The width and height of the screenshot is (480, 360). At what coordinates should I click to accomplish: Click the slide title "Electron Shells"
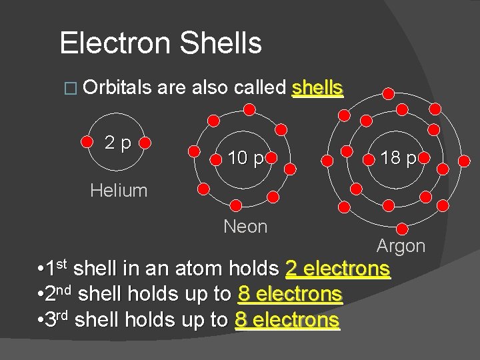click(161, 43)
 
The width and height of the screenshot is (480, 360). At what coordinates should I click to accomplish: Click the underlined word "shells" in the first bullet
click(317, 88)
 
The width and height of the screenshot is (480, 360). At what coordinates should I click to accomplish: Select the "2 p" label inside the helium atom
click(118, 142)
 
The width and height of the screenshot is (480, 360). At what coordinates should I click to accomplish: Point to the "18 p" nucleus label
click(399, 158)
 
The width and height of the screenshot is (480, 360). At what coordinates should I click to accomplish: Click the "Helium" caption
click(119, 191)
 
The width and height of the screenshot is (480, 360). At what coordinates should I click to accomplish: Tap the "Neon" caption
click(245, 227)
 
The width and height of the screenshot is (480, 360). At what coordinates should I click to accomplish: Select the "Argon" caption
click(401, 246)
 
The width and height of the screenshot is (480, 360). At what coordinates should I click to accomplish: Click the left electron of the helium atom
click(87, 142)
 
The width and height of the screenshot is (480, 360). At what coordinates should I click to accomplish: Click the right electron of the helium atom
click(150, 142)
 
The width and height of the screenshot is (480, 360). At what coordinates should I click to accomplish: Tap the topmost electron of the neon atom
click(246, 107)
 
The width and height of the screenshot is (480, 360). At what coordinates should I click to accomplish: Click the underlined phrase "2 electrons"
click(337, 269)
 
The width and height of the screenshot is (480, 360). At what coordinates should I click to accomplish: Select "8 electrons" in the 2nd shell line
click(289, 294)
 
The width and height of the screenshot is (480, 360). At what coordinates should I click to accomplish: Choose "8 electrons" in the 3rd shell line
click(287, 320)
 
